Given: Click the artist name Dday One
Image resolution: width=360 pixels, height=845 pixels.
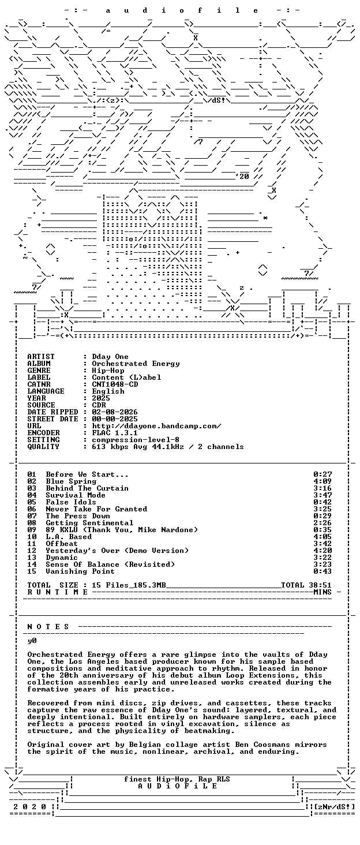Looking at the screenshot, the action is pyautogui.click(x=110, y=357).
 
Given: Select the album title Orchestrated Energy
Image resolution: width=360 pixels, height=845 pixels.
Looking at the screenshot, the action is pyautogui.click(x=136, y=364).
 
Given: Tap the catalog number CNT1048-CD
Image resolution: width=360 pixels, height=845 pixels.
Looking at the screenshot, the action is pyautogui.click(x=115, y=384).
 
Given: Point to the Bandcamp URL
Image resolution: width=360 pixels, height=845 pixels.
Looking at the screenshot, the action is pyautogui.click(x=156, y=426).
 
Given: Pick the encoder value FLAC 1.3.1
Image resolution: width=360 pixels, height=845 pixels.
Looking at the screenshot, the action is pyautogui.click(x=115, y=433).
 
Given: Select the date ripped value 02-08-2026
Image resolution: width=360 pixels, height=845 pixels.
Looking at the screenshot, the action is pyautogui.click(x=115, y=412).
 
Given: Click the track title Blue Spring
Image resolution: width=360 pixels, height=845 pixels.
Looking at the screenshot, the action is pyautogui.click(x=71, y=481).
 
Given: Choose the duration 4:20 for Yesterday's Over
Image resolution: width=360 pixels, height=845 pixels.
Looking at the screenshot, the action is pyautogui.click(x=322, y=551).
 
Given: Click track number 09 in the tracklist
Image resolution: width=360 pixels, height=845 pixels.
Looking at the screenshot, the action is pyautogui.click(x=32, y=530).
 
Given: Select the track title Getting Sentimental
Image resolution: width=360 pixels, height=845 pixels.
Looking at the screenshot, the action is pyautogui.click(x=90, y=523).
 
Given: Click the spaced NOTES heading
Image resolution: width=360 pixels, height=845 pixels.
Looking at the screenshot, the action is pyautogui.click(x=48, y=627).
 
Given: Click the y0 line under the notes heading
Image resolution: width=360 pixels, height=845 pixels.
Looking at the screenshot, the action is pyautogui.click(x=32, y=641).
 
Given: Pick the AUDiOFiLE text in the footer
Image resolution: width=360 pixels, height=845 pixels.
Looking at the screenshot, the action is pyautogui.click(x=178, y=786).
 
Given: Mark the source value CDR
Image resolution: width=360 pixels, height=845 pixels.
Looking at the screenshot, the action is pyautogui.click(x=99, y=405).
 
